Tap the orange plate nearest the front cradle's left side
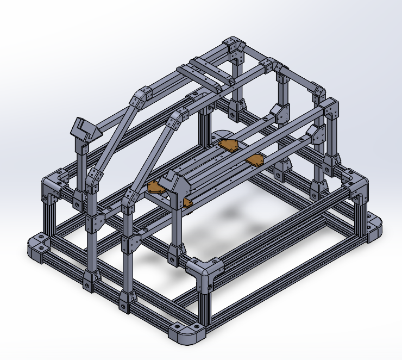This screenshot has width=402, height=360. tap(156, 187)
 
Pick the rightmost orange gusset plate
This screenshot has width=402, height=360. tap(255, 160)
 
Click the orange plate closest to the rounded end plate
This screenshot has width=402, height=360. tap(229, 145)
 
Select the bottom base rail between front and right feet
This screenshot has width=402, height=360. tap(288, 283)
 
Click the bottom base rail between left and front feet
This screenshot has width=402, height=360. tap(109, 288)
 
